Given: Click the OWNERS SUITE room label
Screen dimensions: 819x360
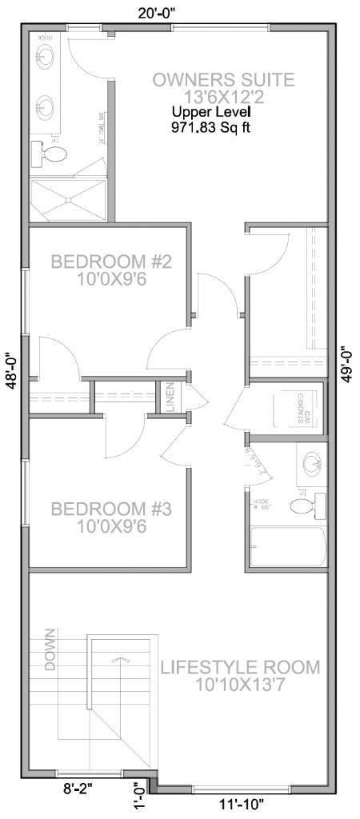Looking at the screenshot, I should click(x=223, y=80).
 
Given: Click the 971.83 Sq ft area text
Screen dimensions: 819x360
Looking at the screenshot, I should click(x=210, y=127).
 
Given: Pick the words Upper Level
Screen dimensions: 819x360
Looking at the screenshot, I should click(x=210, y=114).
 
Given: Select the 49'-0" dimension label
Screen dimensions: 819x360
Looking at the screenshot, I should click(x=347, y=364).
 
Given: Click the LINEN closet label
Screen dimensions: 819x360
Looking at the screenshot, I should click(x=170, y=398).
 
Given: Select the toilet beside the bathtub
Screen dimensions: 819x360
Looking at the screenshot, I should click(x=309, y=505).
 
